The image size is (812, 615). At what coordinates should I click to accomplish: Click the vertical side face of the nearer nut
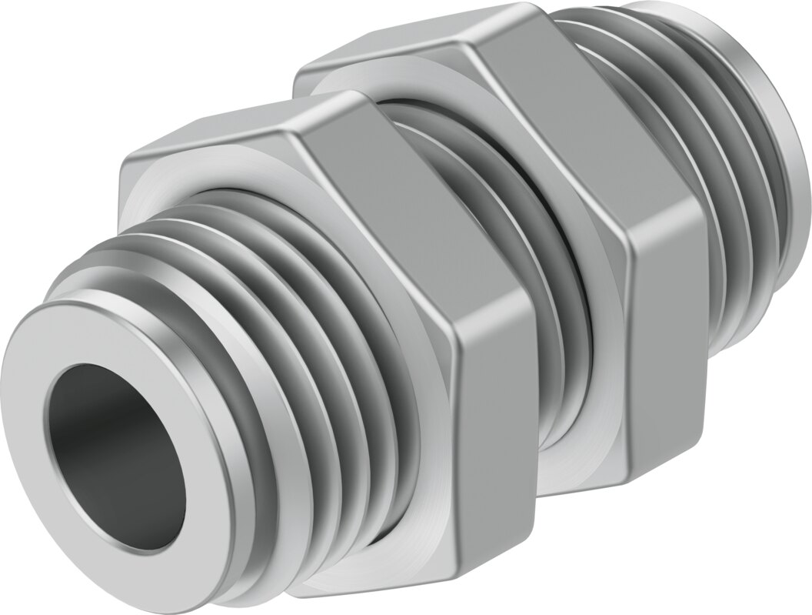click(492, 431)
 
